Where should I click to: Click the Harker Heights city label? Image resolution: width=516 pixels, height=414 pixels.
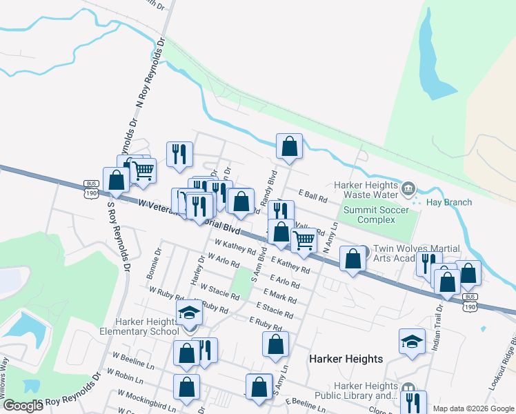pyautogui.click(x=346, y=359)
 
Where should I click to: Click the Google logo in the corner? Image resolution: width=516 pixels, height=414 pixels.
pyautogui.click(x=23, y=406)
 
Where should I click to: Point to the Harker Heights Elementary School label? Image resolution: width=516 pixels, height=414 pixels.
pyautogui.click(x=150, y=326)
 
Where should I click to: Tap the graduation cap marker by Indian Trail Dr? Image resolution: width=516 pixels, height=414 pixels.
pyautogui.click(x=413, y=342)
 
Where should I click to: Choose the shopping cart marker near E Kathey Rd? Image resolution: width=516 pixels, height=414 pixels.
pyautogui.click(x=304, y=240)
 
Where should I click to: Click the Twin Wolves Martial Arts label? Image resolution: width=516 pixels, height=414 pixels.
pyautogui.click(x=407, y=253)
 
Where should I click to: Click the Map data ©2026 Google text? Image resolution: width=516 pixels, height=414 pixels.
pyautogui.click(x=473, y=408)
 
